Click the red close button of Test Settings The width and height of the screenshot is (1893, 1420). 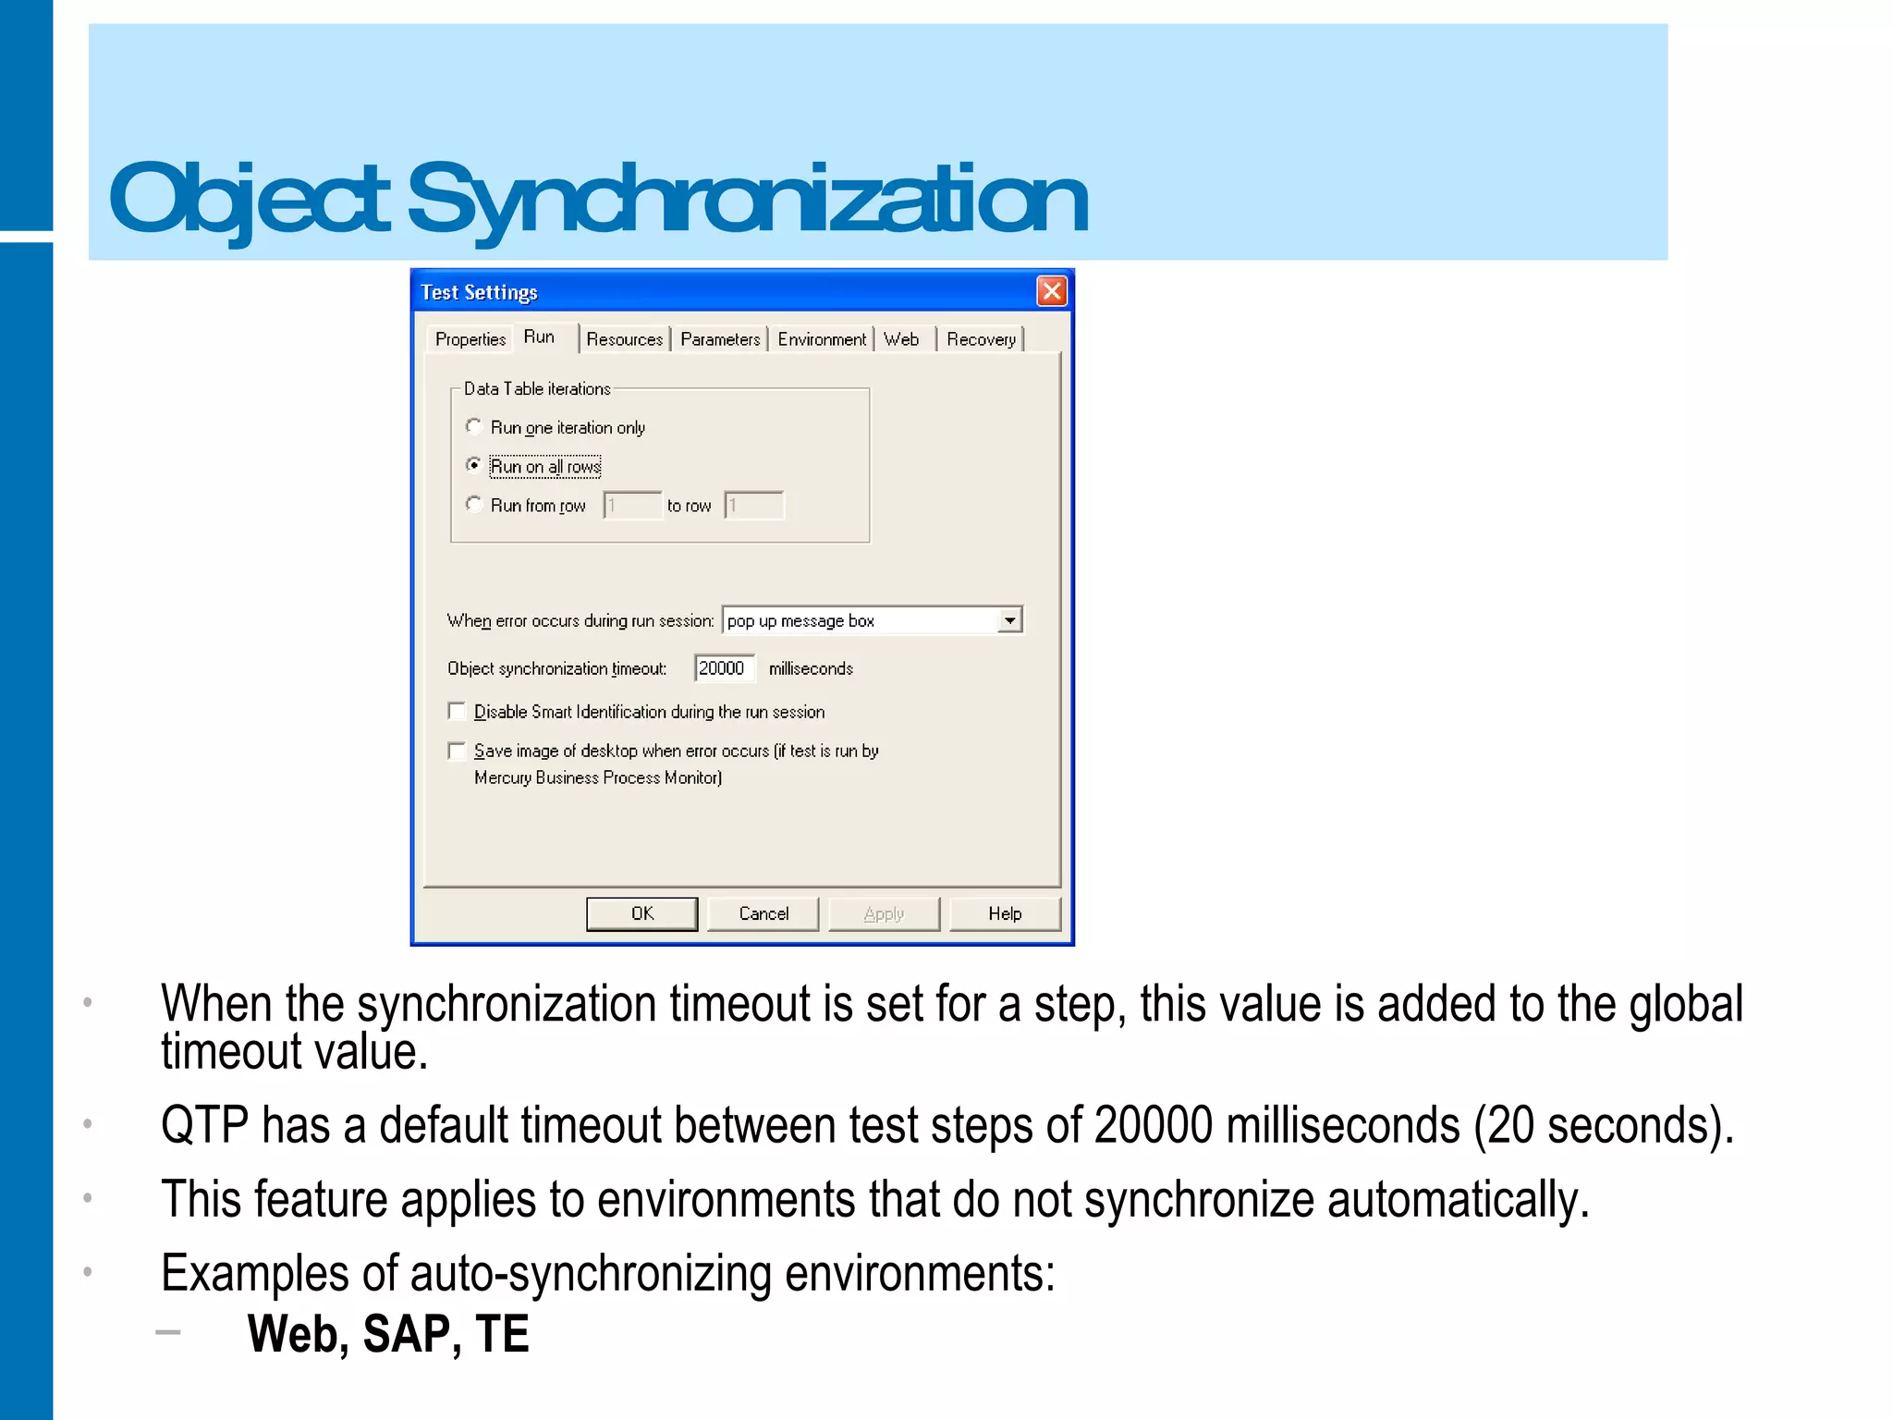pyautogui.click(x=1052, y=292)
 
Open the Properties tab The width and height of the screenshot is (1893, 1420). pyautogui.click(x=470, y=339)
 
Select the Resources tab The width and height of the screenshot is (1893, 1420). pyautogui.click(x=625, y=339)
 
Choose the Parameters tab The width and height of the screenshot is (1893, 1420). pyautogui.click(x=720, y=339)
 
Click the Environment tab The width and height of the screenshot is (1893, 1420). pyautogui.click(x=822, y=339)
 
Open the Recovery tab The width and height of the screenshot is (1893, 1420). pyautogui.click(x=981, y=339)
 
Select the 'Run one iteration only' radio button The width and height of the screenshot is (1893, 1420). pyautogui.click(x=474, y=426)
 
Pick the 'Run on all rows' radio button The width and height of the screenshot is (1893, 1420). pyautogui.click(x=474, y=465)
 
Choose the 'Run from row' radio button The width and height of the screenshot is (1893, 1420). pyautogui.click(x=474, y=504)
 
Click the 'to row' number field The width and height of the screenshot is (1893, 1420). pyautogui.click(x=754, y=506)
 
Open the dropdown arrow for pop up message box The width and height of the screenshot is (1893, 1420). pyautogui.click(x=1010, y=620)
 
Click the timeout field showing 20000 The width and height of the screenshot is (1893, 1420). pyautogui.click(x=724, y=668)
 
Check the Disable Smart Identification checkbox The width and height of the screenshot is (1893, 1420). pyautogui.click(x=457, y=711)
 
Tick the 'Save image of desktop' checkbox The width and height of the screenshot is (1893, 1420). pyautogui.click(x=457, y=751)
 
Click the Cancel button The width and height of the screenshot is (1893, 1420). pyautogui.click(x=763, y=914)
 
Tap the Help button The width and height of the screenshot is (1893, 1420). pyautogui.click(x=1005, y=914)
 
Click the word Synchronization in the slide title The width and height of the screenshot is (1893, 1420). pyautogui.click(x=747, y=199)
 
